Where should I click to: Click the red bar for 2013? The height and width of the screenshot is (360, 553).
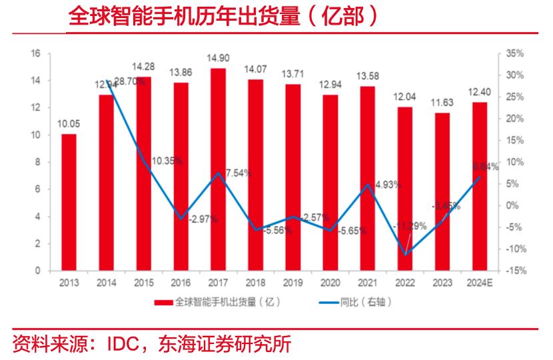[69, 203]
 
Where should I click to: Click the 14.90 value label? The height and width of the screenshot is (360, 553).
[218, 59]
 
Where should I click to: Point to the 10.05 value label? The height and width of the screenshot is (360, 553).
[69, 125]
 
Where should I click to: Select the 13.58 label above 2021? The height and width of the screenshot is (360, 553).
[367, 77]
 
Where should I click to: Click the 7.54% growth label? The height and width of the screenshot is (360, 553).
[238, 173]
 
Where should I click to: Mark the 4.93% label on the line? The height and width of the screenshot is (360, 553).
[387, 185]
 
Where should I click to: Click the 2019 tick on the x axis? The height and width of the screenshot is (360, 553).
[292, 283]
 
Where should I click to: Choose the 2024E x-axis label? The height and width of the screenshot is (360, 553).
[479, 283]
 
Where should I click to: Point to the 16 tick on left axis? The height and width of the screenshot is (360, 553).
[37, 53]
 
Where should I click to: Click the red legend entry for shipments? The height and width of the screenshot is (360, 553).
[217, 302]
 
